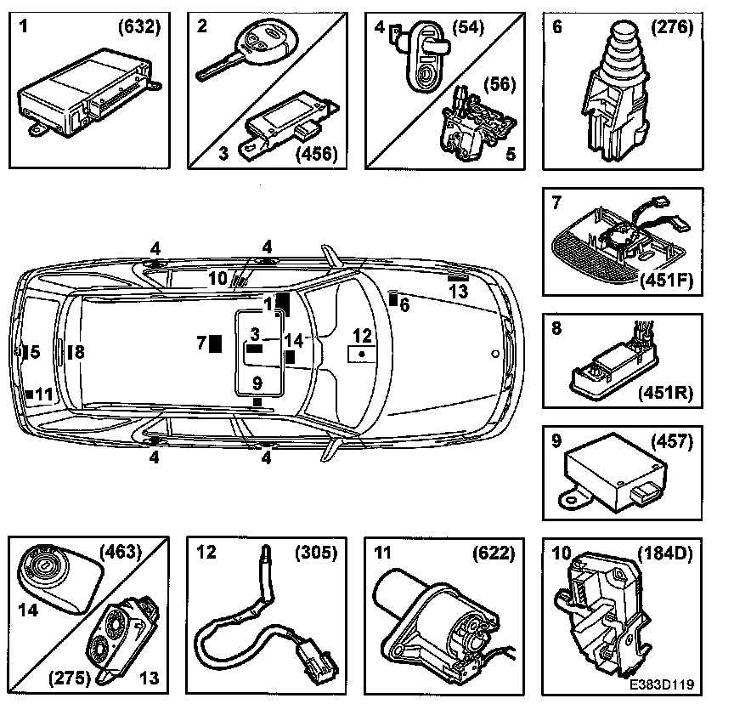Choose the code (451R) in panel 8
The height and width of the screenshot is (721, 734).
pyautogui.click(x=669, y=393)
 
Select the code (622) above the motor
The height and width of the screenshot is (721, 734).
pyautogui.click(x=493, y=553)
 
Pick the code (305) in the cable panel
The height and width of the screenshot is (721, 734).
pyautogui.click(x=315, y=553)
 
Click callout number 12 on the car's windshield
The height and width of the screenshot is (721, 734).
pyautogui.click(x=362, y=334)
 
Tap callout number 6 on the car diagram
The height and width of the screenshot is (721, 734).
pyautogui.click(x=404, y=304)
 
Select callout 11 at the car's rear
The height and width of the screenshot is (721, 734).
pyautogui.click(x=43, y=394)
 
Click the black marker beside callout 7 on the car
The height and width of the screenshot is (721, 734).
pyautogui.click(x=216, y=343)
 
